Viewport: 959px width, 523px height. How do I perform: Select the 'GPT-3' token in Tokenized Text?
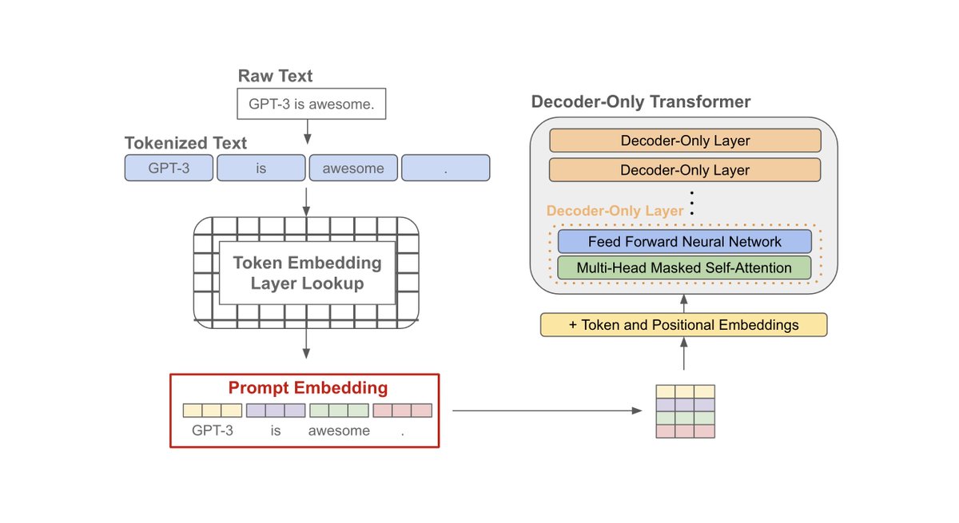169,168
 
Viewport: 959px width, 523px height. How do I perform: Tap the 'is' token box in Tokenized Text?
261,168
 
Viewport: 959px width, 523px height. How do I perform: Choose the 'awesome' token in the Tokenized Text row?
353,168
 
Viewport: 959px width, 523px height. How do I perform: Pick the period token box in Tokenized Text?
445,168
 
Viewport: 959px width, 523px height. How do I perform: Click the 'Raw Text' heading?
276,77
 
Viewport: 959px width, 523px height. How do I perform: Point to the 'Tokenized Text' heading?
185,143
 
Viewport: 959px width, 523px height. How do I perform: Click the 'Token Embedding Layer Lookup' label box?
307,273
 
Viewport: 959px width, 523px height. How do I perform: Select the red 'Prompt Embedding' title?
308,389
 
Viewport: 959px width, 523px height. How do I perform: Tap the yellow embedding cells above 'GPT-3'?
212,410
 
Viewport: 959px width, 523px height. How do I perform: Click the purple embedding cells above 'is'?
275,410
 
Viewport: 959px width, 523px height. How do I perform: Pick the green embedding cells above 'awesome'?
339,410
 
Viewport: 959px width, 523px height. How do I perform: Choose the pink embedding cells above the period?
402,410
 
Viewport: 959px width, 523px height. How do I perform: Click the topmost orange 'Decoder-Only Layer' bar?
685,141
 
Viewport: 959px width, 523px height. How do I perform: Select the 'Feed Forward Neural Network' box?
685,241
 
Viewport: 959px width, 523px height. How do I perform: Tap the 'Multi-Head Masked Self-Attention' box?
685,267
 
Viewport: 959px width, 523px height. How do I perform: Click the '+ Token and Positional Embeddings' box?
683,325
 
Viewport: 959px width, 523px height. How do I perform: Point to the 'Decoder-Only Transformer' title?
641,102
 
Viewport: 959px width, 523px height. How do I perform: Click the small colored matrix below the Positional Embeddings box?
685,411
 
